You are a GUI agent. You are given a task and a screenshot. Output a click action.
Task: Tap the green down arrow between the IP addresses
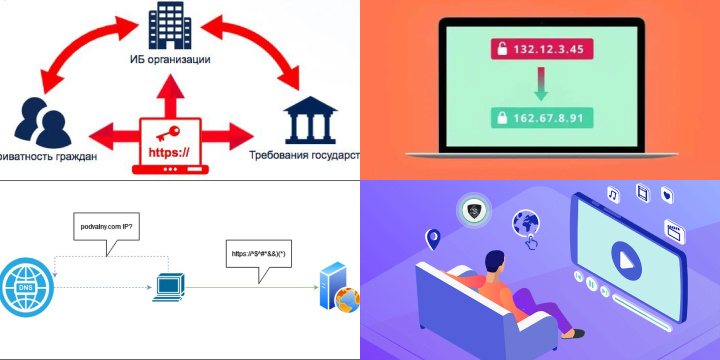[538, 84]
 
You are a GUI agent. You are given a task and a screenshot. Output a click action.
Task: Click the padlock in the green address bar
[499, 117]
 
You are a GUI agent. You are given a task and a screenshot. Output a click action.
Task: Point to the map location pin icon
[433, 239]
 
